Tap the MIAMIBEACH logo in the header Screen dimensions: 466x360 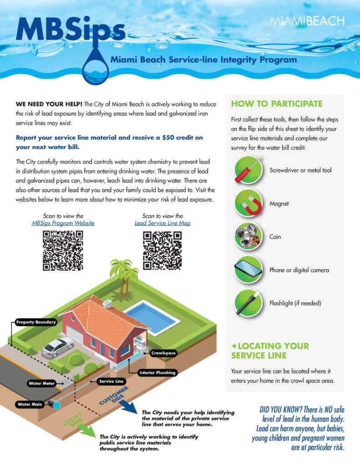[x=307, y=21]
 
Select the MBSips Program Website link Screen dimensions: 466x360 [x=63, y=223]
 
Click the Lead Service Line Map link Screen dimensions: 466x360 [x=162, y=223]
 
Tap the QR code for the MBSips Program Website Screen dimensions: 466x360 [x=63, y=251]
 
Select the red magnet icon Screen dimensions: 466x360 [x=248, y=203]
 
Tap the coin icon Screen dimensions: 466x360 [x=248, y=237]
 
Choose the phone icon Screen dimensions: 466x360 [x=248, y=270]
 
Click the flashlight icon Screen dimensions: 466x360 [x=248, y=303]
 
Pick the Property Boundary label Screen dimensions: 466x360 [x=36, y=322]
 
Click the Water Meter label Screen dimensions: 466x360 [x=41, y=383]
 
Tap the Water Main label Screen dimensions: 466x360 [x=30, y=404]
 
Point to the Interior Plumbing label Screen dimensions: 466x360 [x=157, y=373]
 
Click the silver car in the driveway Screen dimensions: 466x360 [x=57, y=347]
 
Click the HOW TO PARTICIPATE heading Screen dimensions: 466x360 [x=277, y=104]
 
